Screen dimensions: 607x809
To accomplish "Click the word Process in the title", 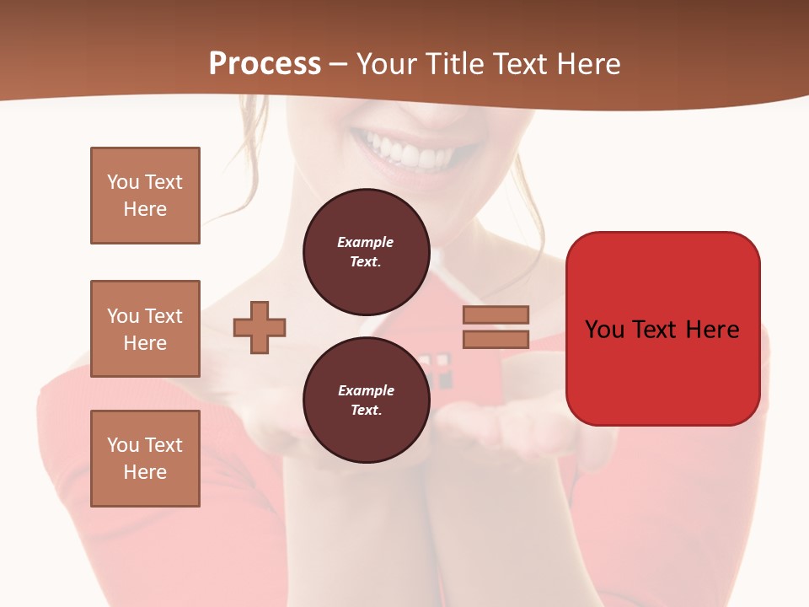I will tap(265, 64).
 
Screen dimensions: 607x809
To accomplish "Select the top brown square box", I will tap(145, 196).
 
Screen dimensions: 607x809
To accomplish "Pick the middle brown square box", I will tap(145, 329).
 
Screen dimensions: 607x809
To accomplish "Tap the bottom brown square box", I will tap(145, 459).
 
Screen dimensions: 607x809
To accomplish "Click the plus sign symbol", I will tap(260, 328).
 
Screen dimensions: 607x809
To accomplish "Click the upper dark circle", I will tap(366, 251).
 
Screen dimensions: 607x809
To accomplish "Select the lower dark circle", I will tap(366, 400).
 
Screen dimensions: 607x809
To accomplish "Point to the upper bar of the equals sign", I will tap(496, 314).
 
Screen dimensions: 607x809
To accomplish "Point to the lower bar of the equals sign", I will tap(496, 339).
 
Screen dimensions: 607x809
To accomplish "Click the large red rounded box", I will tap(662, 371).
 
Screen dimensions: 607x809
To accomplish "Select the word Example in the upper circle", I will tap(366, 242).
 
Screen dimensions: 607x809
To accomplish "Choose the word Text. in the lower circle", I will tap(366, 410).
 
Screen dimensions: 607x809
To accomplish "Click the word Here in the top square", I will tap(145, 209).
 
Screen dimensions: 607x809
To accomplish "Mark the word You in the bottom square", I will tap(123, 445).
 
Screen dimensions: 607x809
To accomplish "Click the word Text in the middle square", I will tap(163, 316).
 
